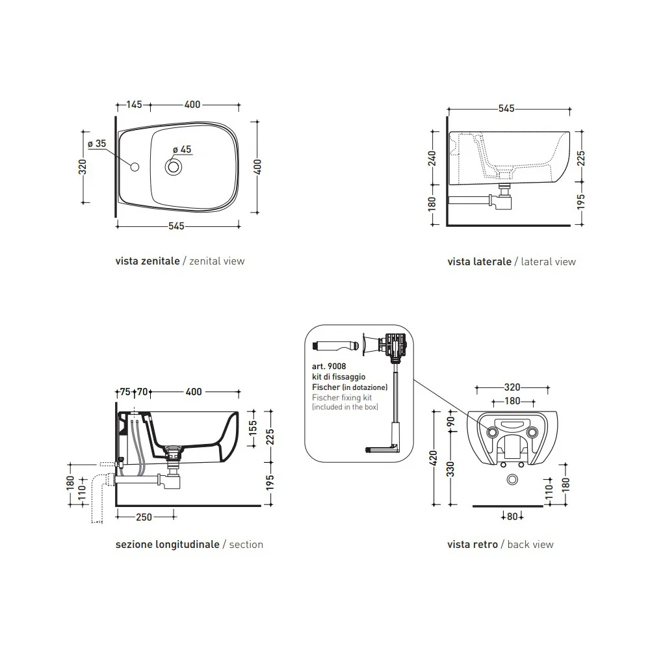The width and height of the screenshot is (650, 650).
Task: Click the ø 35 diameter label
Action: [x=97, y=144]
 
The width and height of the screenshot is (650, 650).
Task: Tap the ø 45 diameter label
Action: [x=182, y=149]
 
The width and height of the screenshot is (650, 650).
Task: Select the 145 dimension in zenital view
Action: [x=134, y=105]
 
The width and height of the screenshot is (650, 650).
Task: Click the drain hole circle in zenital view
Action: [x=174, y=167]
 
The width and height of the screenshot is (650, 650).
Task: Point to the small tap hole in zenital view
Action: [x=135, y=167]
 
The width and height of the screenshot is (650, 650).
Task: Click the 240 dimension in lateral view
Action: [x=432, y=159]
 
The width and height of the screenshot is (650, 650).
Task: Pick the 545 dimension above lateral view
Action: [x=506, y=109]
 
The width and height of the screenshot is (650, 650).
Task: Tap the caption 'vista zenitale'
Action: [x=148, y=261]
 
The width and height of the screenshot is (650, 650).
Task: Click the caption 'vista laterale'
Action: [x=479, y=261]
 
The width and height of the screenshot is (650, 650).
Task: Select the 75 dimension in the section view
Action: [x=125, y=392]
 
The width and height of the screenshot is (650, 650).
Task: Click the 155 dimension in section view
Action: [x=253, y=428]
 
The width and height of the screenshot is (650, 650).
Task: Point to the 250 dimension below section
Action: [x=144, y=517]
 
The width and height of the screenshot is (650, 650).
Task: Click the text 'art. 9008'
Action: [x=329, y=367]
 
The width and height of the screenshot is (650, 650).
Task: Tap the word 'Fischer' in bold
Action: [x=326, y=387]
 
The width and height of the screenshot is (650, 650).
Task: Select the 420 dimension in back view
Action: [x=434, y=458]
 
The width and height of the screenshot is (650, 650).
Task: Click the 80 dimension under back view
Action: [x=512, y=517]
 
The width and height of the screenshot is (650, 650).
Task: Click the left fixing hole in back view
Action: [x=493, y=432]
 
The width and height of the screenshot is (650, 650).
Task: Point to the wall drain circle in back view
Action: [x=512, y=480]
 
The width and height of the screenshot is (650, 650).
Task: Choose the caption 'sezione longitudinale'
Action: [x=168, y=545]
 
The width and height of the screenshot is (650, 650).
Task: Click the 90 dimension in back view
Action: [x=451, y=421]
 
